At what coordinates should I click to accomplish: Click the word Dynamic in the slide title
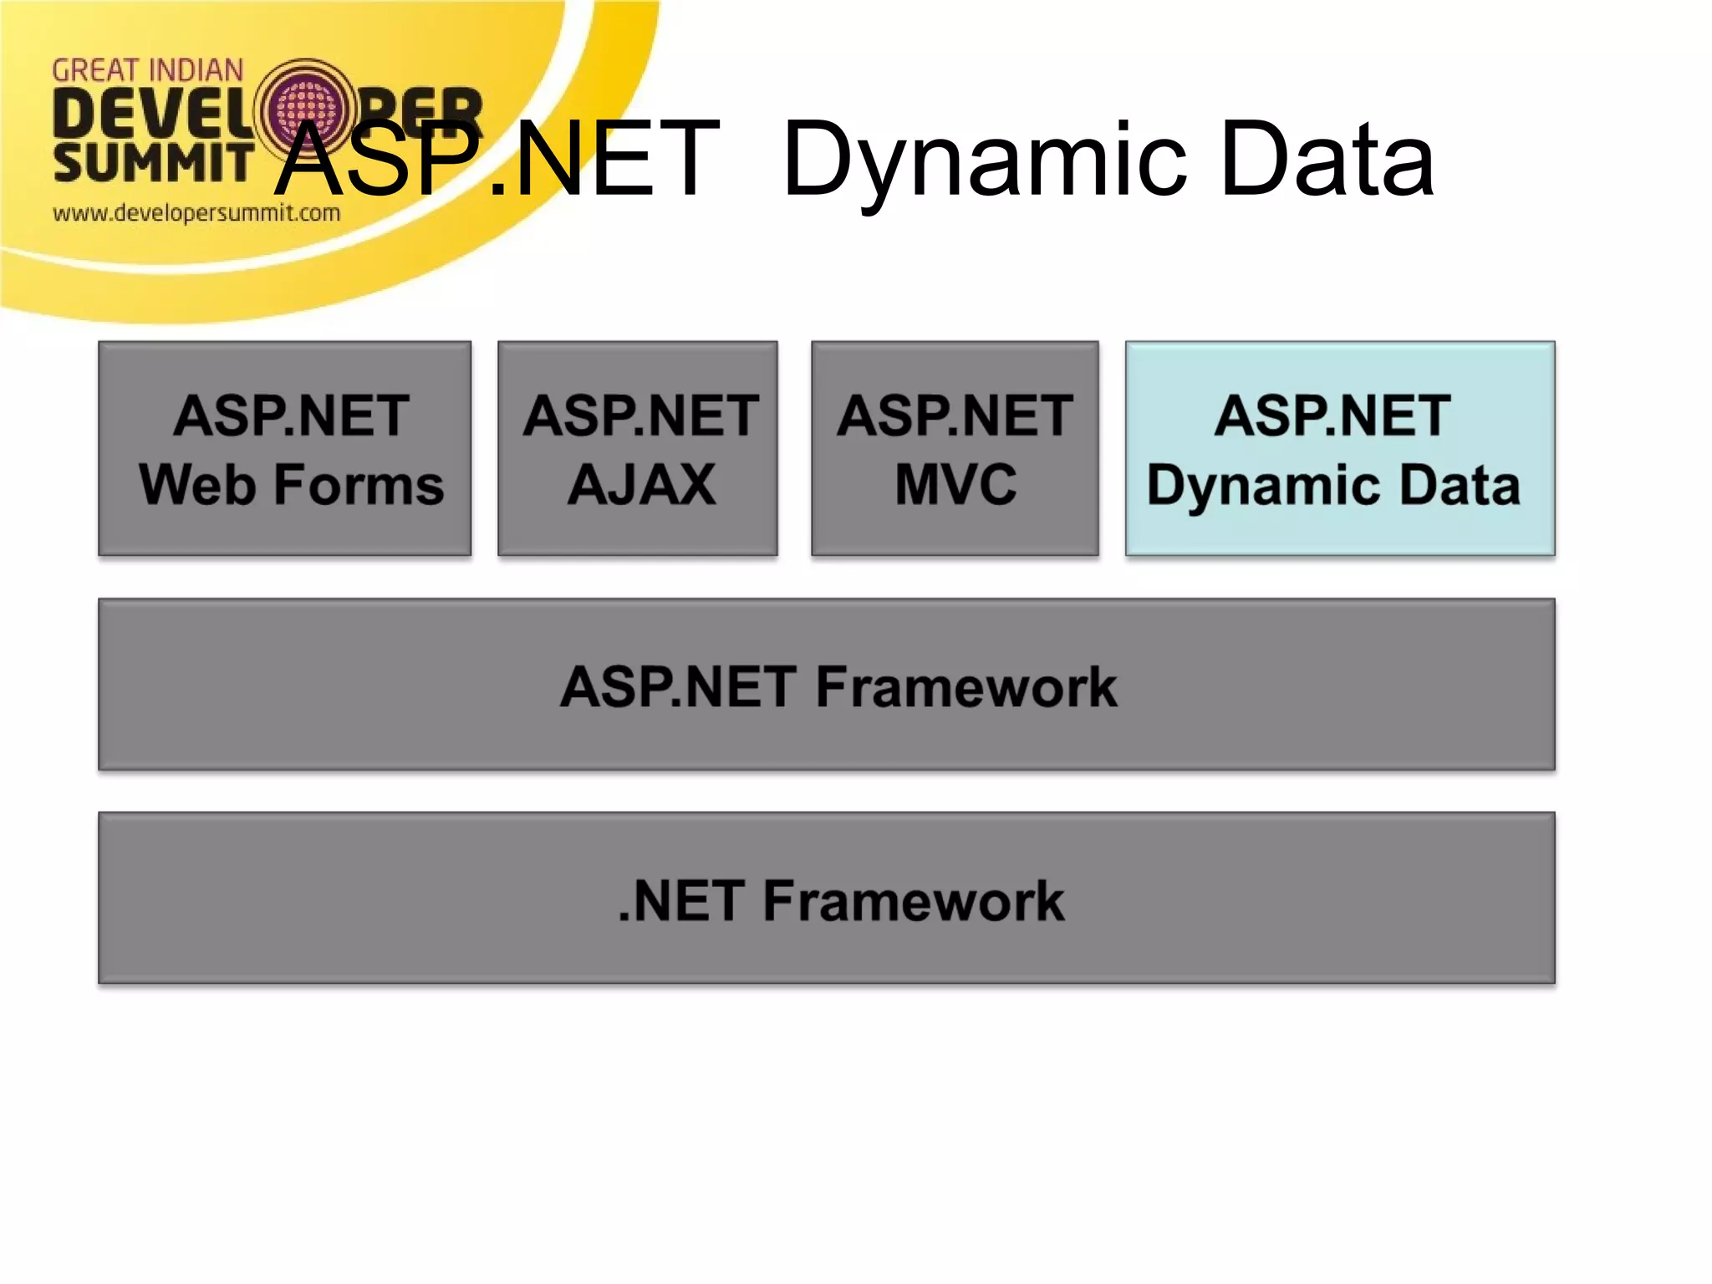986,160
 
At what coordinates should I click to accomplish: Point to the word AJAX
641,485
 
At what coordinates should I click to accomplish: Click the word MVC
955,485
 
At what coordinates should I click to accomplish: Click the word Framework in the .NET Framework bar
913,901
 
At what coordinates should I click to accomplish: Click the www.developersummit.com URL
196,213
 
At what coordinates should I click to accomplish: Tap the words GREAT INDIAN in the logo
148,71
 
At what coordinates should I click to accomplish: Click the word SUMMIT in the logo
153,162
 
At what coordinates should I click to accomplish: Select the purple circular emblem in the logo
307,110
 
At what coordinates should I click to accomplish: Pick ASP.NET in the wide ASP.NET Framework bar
678,687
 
